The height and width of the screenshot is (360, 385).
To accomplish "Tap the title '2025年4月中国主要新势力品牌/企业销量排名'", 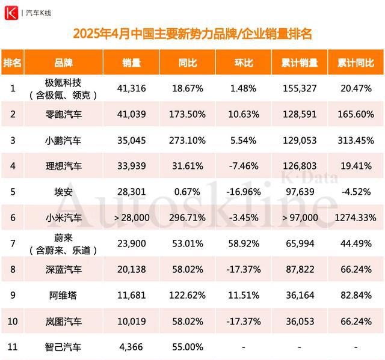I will [x=192, y=33].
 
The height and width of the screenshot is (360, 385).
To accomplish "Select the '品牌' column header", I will [x=64, y=63].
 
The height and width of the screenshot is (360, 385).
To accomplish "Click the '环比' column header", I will [x=243, y=63].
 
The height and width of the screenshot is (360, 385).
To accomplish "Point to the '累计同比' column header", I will [x=355, y=63].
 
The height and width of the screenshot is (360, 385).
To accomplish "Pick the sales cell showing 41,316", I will [x=131, y=88].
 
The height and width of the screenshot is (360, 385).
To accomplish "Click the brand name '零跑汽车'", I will [x=64, y=114].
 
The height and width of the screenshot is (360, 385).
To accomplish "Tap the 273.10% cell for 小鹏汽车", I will [x=186, y=140].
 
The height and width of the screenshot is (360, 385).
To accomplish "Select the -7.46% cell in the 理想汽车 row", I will [x=243, y=166].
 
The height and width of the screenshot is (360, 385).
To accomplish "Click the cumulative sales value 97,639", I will [x=299, y=192].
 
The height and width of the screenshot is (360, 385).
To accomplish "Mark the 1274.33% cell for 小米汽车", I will [x=355, y=218].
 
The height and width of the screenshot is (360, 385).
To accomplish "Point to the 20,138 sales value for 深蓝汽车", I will [x=131, y=269].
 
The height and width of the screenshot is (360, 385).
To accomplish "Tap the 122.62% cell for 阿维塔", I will [x=186, y=295].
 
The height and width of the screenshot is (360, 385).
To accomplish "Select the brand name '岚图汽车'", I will [x=64, y=321].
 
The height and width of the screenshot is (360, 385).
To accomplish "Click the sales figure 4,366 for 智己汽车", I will [x=131, y=347].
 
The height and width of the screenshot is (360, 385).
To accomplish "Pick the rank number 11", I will [x=13, y=347].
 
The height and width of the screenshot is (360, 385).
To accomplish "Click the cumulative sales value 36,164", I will [x=299, y=295].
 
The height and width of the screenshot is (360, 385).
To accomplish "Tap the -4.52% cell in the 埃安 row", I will [x=355, y=192].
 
